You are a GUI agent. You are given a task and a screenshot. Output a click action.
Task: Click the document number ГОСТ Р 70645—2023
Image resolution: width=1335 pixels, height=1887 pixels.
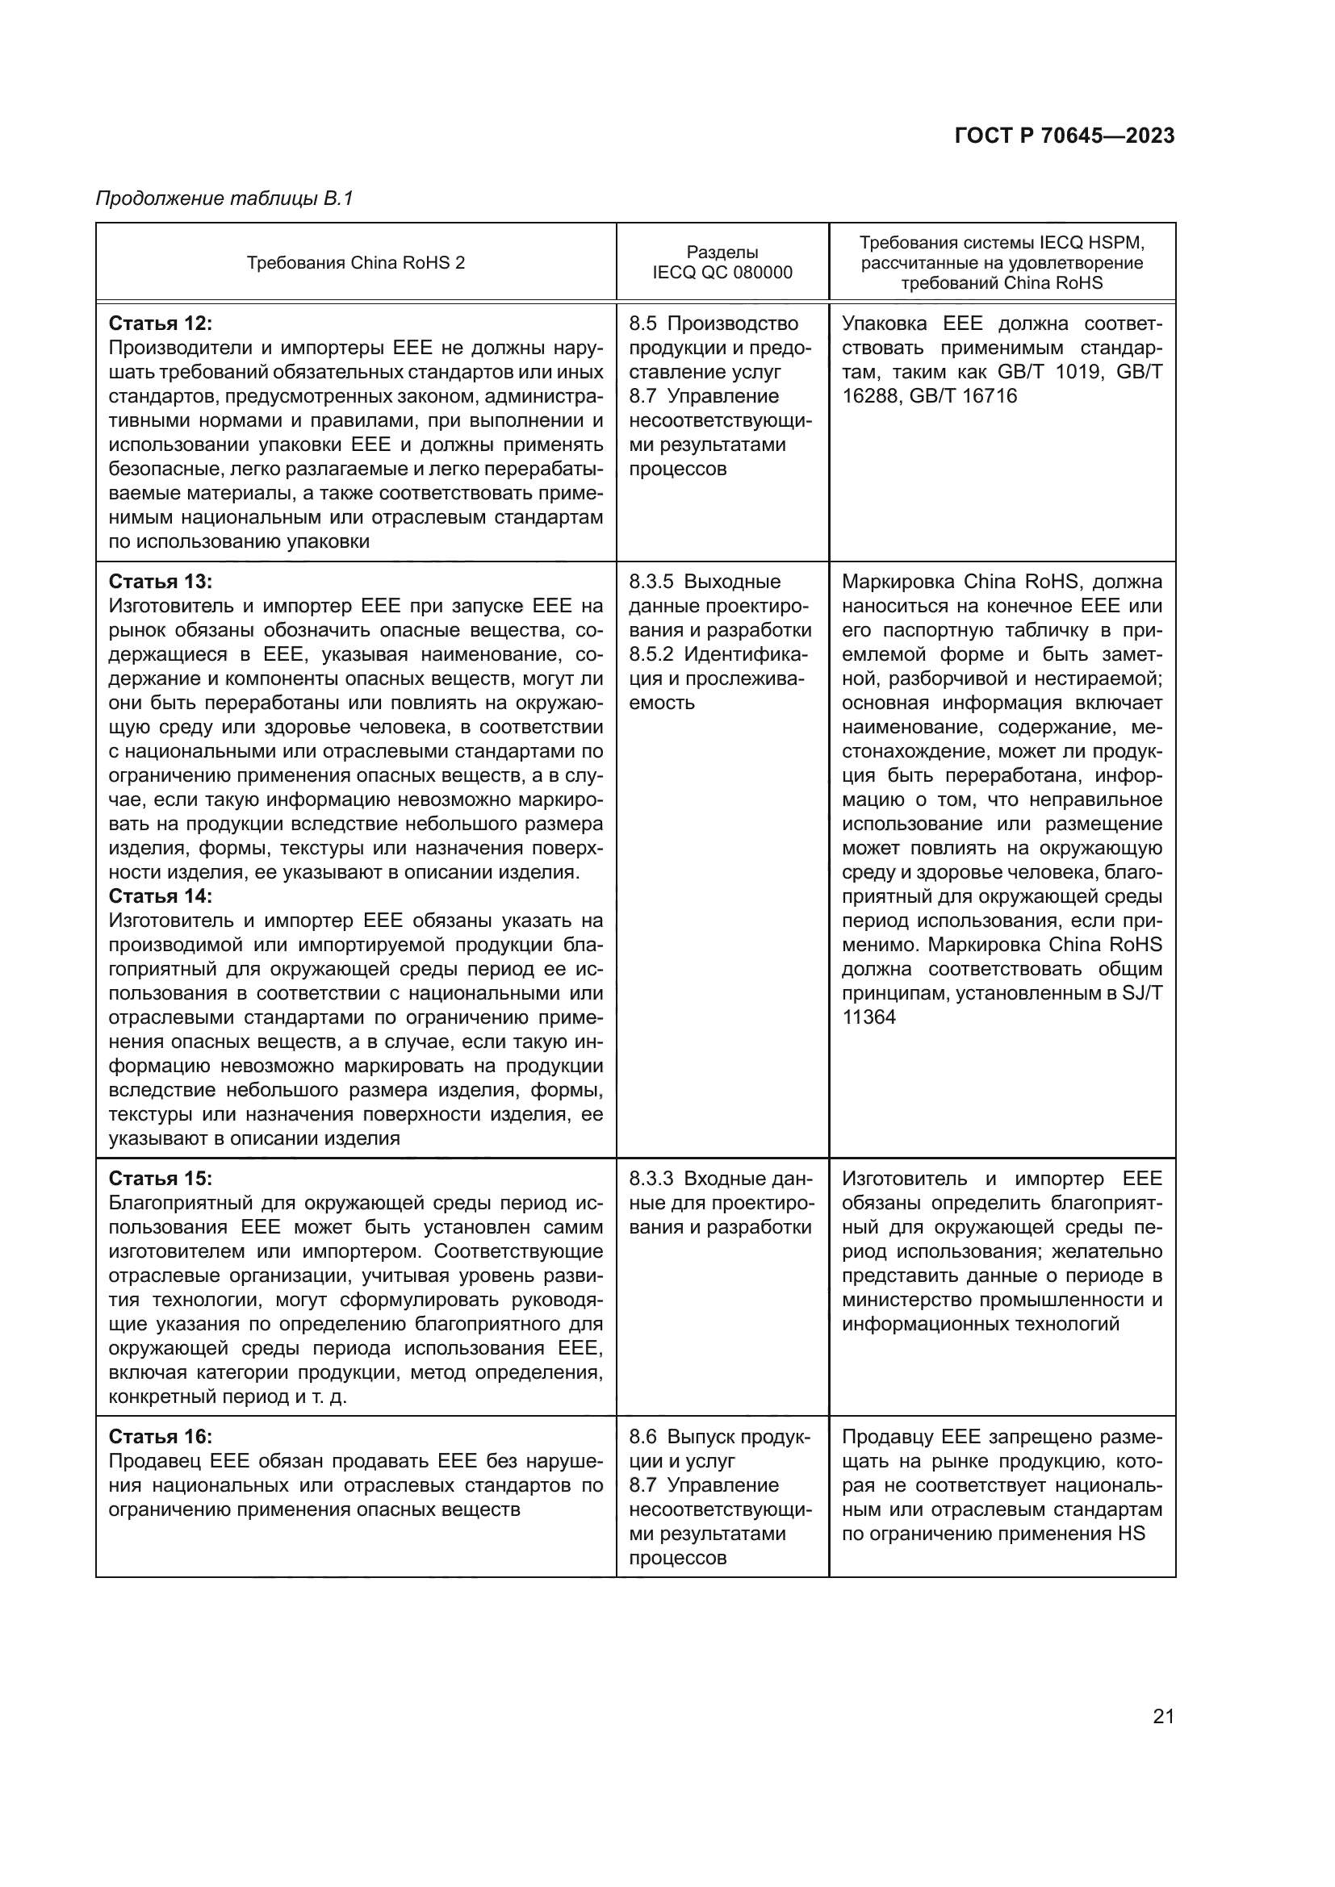point(1064,136)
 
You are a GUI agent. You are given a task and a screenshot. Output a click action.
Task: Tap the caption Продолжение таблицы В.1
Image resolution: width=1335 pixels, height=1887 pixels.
point(224,199)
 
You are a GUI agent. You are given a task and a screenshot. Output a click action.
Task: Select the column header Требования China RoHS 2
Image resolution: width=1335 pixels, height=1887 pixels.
point(355,263)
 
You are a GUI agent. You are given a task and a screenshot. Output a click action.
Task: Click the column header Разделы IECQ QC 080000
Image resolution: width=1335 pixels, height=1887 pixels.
point(722,263)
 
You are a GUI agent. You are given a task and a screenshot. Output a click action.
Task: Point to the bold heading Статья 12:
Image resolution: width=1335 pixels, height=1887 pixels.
point(161,323)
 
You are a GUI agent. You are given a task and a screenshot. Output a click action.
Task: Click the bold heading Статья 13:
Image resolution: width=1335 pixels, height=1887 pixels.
point(161,582)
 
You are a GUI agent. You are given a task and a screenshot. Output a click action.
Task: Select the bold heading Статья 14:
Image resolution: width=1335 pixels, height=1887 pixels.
point(161,895)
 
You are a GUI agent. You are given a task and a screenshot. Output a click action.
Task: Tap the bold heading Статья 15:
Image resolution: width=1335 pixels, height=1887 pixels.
point(161,1179)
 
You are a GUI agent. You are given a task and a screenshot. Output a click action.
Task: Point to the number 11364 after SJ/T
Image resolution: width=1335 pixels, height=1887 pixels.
point(868,1017)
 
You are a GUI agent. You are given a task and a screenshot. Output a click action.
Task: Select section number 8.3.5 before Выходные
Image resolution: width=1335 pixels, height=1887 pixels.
point(651,582)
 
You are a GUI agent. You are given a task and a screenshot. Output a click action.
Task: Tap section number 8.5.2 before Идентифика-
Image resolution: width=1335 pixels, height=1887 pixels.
point(651,655)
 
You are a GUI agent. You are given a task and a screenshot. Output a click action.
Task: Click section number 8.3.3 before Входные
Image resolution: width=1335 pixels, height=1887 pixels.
point(651,1179)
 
